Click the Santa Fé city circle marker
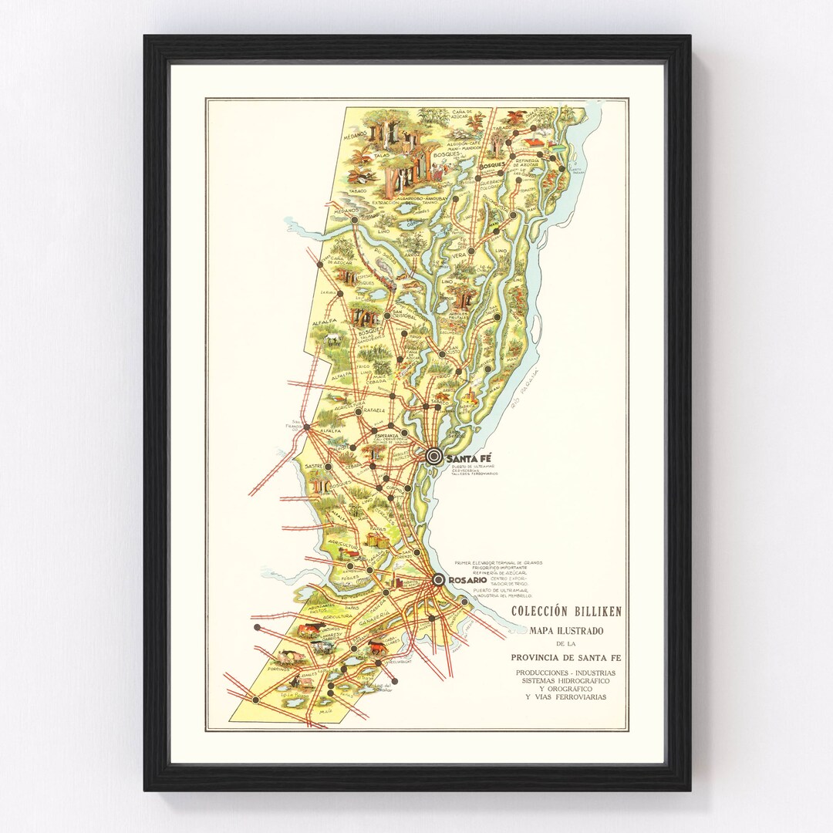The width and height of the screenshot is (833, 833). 434,457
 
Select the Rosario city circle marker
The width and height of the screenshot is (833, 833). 438,580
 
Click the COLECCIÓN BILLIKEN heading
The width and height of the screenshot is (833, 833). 567,612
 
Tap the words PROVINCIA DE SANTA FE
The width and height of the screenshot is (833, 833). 566,657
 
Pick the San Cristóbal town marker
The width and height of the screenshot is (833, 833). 387,315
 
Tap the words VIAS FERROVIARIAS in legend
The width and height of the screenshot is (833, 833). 566,697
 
